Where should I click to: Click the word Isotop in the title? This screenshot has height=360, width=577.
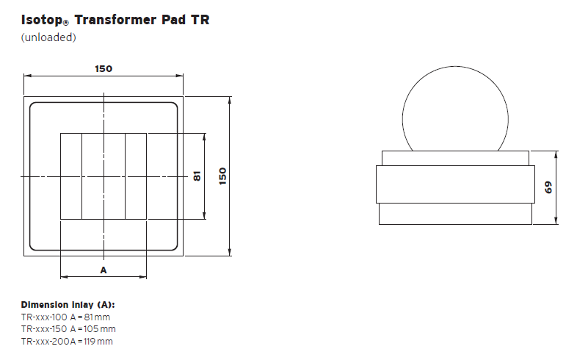click(x=43, y=21)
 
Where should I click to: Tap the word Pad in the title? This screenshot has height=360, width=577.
click(x=176, y=20)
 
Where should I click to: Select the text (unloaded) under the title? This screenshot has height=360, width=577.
click(x=48, y=37)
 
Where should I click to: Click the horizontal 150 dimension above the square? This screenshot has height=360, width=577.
click(x=104, y=69)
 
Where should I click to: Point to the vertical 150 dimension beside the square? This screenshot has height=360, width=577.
click(x=223, y=176)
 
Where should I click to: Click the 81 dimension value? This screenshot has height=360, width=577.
click(x=197, y=176)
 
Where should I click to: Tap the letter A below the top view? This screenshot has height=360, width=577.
click(x=104, y=270)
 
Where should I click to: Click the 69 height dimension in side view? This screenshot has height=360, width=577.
click(x=548, y=187)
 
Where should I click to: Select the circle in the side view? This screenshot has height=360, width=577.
click(x=454, y=110)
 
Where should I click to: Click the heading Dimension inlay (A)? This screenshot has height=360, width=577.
click(x=68, y=305)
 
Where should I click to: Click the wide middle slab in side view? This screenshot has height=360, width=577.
click(x=454, y=184)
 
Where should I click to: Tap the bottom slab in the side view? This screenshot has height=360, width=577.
click(x=454, y=214)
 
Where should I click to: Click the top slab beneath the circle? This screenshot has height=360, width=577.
click(x=454, y=159)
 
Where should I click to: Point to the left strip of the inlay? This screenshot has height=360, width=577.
click(x=70, y=176)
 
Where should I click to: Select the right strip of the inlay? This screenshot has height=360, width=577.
click(x=136, y=176)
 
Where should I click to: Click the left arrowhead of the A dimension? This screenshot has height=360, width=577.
click(x=62, y=277)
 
